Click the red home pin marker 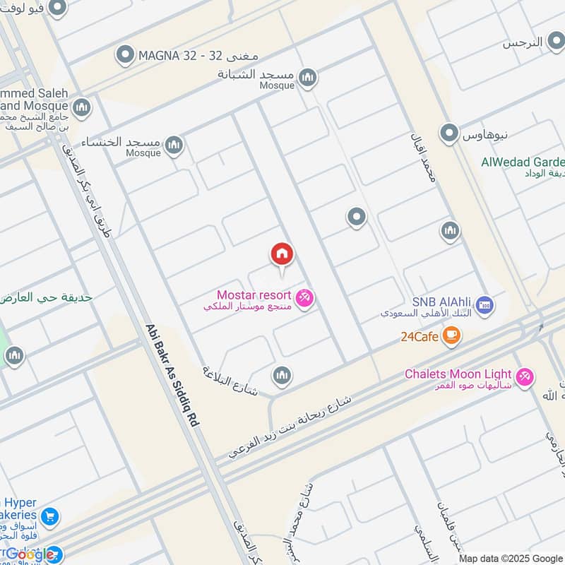point(282,255)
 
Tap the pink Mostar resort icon point(305,299)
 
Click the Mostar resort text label point(255,295)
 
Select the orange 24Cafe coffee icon point(451,336)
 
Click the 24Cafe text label point(420,337)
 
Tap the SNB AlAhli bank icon point(484,305)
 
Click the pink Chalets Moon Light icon point(524,378)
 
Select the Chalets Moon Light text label point(458,374)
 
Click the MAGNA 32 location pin point(125,54)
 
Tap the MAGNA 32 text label point(181,54)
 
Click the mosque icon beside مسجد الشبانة point(307,78)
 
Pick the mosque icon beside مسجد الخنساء point(174,146)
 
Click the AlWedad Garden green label point(523,162)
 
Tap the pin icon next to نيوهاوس point(449,133)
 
